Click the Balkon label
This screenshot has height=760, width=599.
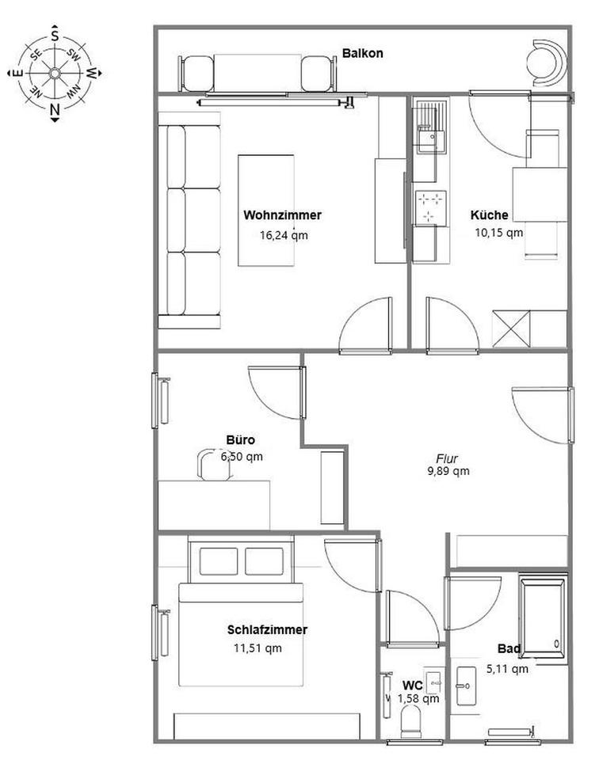[362, 53]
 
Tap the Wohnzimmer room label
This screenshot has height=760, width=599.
[282, 215]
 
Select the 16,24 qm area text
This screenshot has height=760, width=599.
[284, 235]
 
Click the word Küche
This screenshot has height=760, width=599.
[490, 215]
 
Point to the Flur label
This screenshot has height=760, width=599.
[447, 458]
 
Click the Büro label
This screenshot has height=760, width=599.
[241, 440]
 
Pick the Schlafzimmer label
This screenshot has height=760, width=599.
[267, 629]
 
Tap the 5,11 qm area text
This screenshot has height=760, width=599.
[507, 669]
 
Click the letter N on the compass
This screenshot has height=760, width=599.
[55, 109]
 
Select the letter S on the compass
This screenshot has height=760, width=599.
[55, 36]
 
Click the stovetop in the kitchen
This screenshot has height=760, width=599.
[431, 207]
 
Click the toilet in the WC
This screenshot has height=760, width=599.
[411, 722]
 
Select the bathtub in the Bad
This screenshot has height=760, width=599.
[544, 616]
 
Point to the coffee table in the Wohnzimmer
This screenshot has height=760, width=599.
[265, 211]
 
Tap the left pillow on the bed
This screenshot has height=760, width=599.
[218, 561]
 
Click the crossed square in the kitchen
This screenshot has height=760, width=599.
[511, 329]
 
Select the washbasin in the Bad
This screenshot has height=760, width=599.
[466, 686]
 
